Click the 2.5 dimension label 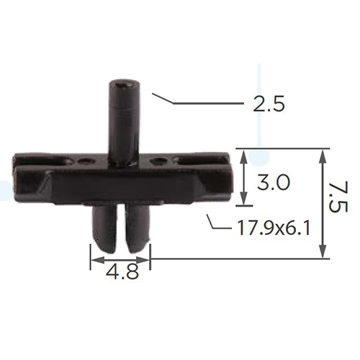click(269, 104)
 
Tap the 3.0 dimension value click(274, 182)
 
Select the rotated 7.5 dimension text click(338, 197)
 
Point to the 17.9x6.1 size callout click(274, 228)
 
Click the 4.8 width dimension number click(122, 272)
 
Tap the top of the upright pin click(125, 84)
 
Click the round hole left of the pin click(84, 161)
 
